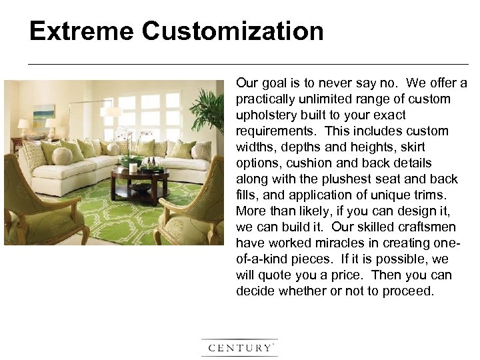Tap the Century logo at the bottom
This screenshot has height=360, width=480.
click(x=239, y=347)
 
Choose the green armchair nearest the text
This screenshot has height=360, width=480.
click(x=190, y=206)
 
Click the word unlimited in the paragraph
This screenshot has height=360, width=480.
click(x=319, y=99)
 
